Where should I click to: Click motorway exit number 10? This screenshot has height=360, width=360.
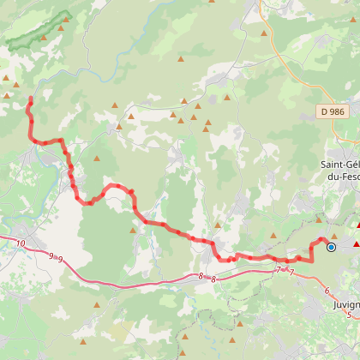point(20,243)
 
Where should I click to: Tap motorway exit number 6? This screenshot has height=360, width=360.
point(327,291)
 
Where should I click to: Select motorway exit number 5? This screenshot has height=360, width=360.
point(349,315)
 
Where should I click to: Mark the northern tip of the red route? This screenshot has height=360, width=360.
point(31,99)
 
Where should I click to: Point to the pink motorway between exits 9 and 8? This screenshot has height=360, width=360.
point(129,284)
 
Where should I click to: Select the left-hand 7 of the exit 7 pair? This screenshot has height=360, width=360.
point(279,270)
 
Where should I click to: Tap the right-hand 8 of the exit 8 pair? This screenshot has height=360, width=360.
point(213,277)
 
